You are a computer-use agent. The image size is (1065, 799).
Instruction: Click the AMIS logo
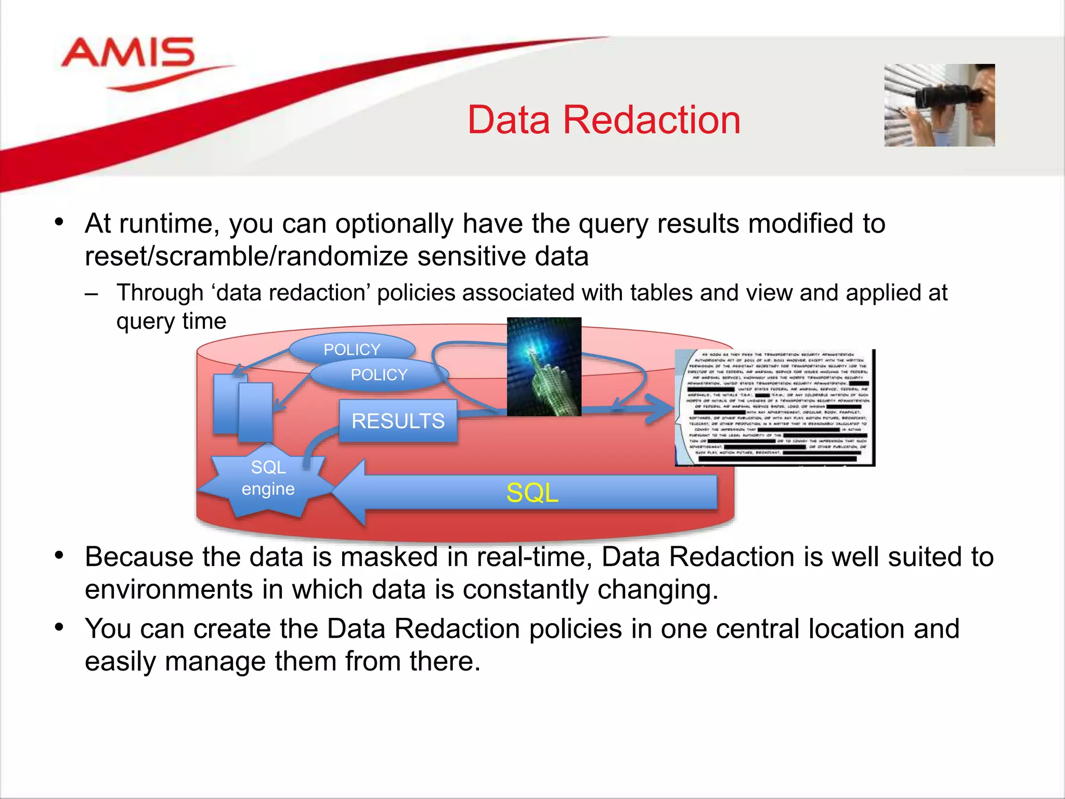click(x=128, y=54)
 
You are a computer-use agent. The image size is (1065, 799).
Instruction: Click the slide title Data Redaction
click(x=604, y=120)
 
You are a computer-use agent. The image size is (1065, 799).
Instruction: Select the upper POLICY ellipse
click(x=352, y=348)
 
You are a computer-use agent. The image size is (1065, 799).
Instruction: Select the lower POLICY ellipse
click(x=379, y=375)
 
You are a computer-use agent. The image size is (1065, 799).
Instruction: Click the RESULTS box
click(x=398, y=421)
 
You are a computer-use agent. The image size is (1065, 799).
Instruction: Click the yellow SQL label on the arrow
click(x=532, y=493)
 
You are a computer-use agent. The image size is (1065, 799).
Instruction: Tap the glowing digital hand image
click(x=544, y=366)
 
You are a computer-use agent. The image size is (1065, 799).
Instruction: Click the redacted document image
click(x=775, y=408)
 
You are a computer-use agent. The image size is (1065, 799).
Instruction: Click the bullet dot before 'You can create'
click(x=59, y=627)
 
